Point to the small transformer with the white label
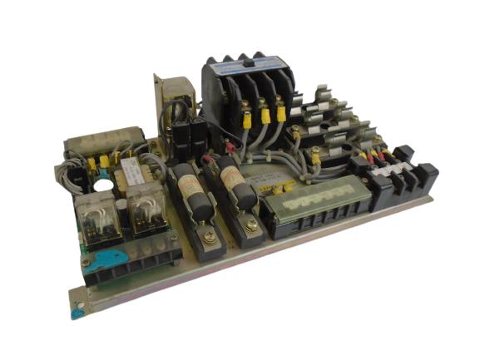131,172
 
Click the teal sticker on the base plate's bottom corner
77,313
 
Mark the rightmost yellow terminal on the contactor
281,111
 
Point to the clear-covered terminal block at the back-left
106,141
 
